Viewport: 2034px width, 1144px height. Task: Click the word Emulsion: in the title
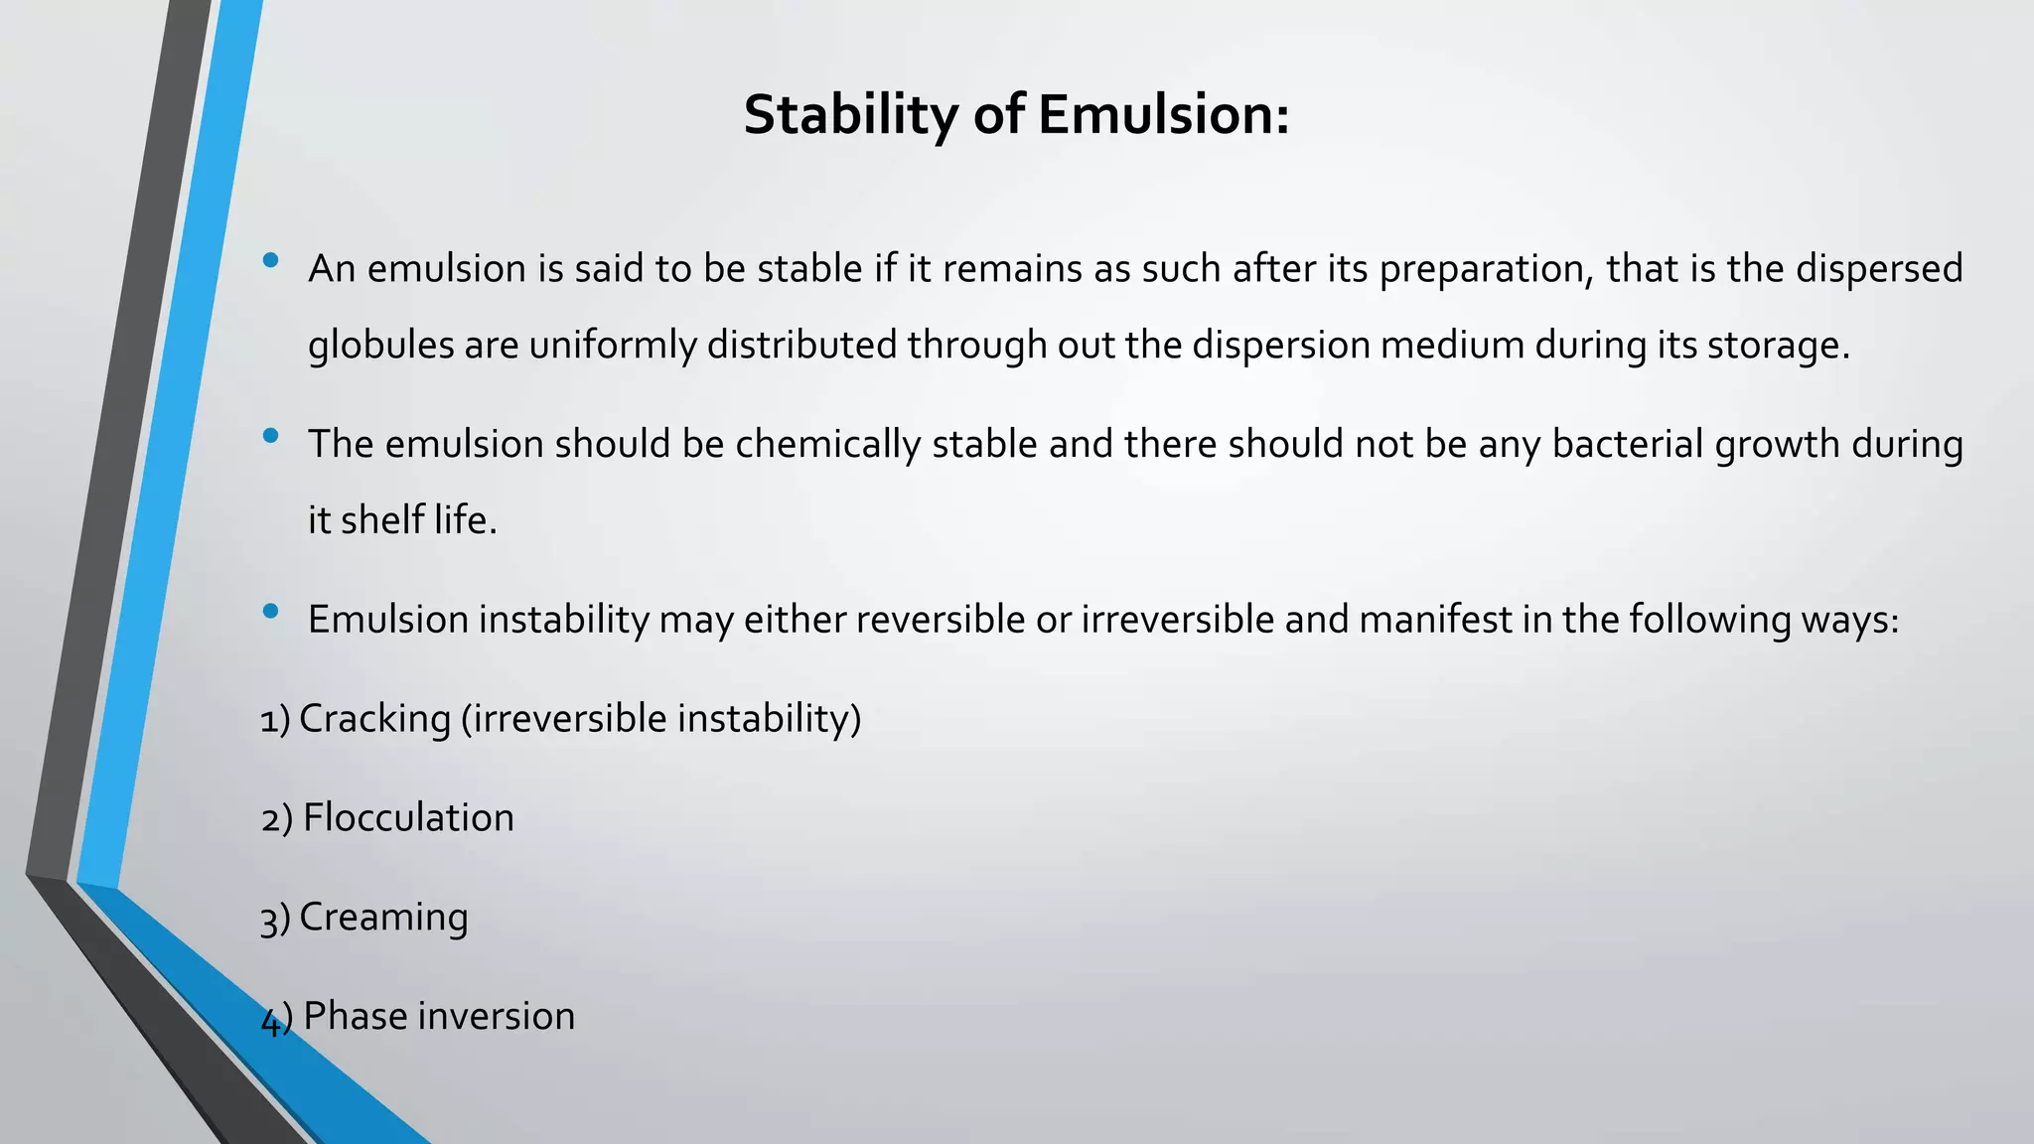(1164, 115)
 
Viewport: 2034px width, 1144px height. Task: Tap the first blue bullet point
(271, 261)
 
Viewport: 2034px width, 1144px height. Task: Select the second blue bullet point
(271, 436)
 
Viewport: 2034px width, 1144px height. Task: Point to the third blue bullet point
(271, 612)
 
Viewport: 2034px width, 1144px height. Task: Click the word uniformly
(613, 346)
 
